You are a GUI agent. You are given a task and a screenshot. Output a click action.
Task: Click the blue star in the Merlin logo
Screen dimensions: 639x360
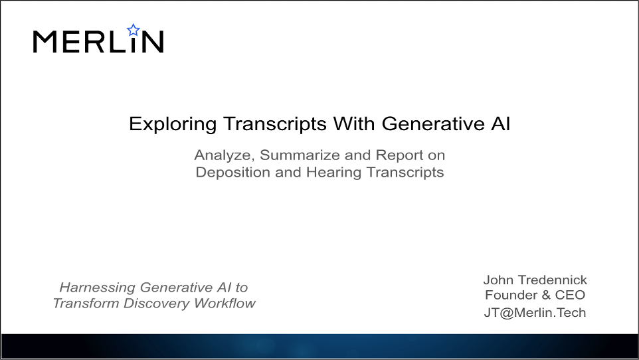(x=134, y=30)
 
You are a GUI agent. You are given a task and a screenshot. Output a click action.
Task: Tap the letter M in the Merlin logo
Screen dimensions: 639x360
(x=44, y=42)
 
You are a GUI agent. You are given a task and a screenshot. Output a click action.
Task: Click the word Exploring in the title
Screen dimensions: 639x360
(x=173, y=124)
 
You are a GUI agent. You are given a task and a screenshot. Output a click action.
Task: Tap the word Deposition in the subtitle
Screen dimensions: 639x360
(x=232, y=173)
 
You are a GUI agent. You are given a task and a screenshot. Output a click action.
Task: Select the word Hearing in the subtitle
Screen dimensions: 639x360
(x=333, y=173)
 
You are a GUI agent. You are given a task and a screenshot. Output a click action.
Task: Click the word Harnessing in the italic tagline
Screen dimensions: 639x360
(x=98, y=288)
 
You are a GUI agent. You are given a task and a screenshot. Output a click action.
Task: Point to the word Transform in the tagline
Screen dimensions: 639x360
(x=86, y=304)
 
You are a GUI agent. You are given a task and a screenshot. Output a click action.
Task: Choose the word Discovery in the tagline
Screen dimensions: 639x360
(x=157, y=304)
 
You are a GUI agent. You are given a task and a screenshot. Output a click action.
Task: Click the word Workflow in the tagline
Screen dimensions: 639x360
(x=225, y=304)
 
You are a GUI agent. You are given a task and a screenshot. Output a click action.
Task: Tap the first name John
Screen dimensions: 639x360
(x=498, y=280)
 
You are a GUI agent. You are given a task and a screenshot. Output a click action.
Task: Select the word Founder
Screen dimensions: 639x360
(x=511, y=295)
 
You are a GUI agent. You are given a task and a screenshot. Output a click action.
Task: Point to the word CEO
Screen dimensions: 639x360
(x=570, y=295)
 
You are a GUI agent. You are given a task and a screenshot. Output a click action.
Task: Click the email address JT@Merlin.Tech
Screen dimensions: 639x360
(x=535, y=313)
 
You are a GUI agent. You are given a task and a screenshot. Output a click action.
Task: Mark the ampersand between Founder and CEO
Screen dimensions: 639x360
(x=546, y=295)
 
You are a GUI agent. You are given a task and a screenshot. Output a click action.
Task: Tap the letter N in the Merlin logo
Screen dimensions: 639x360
(x=153, y=42)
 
